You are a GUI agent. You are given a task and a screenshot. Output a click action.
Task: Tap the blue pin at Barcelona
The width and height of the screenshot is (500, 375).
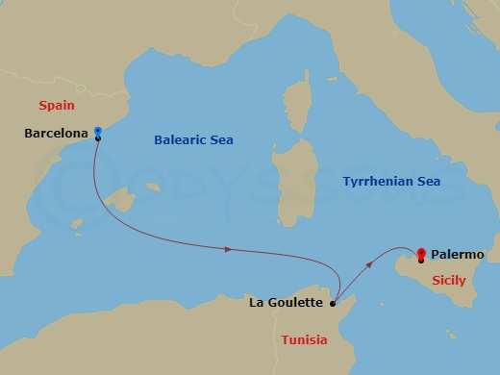pyautogui.click(x=97, y=134)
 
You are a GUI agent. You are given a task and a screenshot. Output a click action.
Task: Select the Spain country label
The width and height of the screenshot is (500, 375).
pyautogui.click(x=56, y=104)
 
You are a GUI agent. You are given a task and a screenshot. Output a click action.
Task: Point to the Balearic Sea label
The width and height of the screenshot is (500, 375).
pyautogui.click(x=193, y=140)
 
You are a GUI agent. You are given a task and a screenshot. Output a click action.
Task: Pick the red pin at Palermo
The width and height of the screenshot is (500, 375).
pyautogui.click(x=421, y=254)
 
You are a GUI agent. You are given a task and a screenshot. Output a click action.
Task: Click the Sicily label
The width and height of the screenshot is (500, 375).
pyautogui.click(x=449, y=281)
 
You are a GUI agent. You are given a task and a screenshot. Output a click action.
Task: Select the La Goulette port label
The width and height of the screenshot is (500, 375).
pyautogui.click(x=287, y=304)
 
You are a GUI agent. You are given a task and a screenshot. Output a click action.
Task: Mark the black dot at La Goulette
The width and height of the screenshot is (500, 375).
pyautogui.click(x=333, y=304)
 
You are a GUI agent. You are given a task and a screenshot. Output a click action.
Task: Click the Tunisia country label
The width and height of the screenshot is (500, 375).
pyautogui.click(x=304, y=339)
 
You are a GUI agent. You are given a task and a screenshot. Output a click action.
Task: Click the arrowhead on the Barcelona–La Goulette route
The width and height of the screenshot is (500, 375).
pyautogui.click(x=228, y=250)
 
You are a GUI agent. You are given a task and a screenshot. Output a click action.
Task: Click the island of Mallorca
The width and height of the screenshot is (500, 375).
pyautogui.click(x=123, y=201)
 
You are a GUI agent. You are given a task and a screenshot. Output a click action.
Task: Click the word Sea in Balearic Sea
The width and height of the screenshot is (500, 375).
pyautogui.click(x=221, y=140)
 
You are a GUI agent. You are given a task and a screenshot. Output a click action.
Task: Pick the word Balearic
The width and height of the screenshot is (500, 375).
pyautogui.click(x=180, y=140)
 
